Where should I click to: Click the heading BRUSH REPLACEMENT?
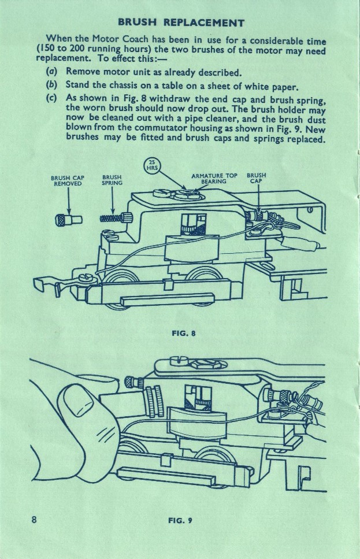181,23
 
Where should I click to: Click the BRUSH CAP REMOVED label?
68,180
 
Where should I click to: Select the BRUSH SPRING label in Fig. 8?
112,180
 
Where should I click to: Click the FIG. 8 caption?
180,333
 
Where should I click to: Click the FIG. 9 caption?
180,520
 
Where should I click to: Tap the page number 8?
35,519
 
